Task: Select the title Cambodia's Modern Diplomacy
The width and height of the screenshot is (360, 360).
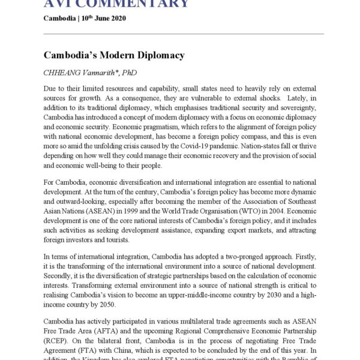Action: (x=114, y=55)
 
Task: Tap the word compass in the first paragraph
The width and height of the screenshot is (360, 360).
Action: (x=239, y=144)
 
